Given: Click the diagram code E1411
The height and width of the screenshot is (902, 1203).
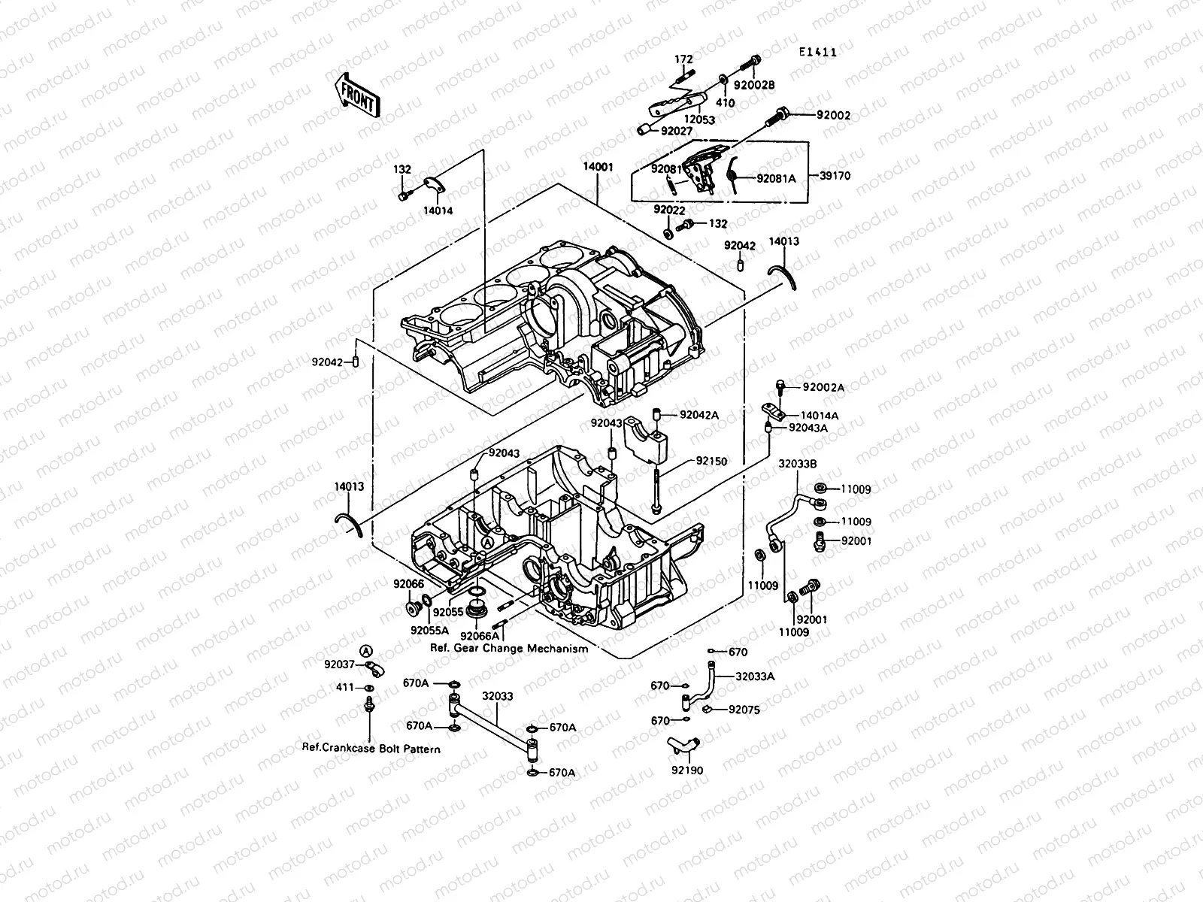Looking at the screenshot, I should point(818,53).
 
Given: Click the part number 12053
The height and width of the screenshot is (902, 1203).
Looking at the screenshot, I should point(700,119).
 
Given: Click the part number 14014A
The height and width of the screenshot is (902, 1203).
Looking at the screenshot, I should point(820,415).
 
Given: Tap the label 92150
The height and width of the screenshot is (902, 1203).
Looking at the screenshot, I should point(711,461).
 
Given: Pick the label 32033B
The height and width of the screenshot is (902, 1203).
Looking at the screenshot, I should point(798,464).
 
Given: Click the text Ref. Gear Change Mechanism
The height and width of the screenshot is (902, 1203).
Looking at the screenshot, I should point(509,648).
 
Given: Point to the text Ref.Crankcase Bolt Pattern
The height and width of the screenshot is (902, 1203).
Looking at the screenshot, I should point(371,749).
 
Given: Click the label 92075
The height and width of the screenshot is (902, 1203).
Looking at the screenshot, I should point(744,709).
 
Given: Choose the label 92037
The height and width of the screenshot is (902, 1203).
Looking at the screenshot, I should point(339,664).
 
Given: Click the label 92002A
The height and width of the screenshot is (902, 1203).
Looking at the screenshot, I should point(823,388).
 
